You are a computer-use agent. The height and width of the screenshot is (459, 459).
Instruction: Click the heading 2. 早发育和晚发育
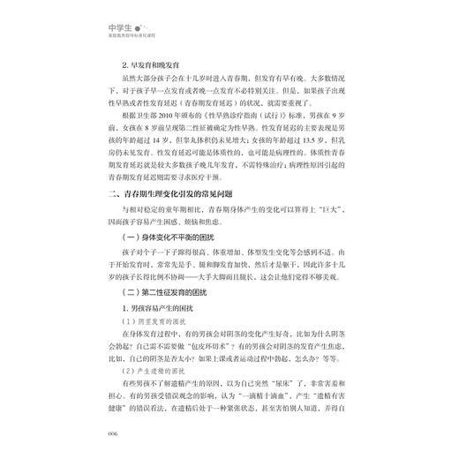[x=153, y=65]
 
